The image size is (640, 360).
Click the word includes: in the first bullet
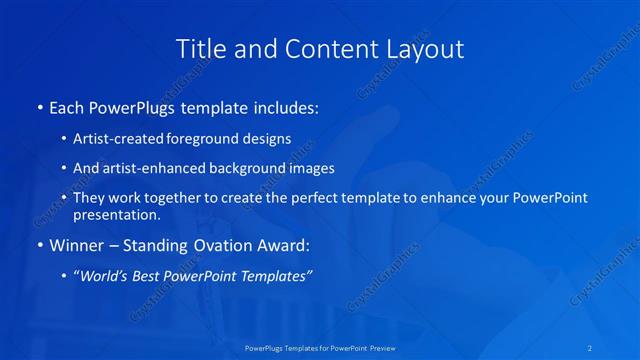(281, 107)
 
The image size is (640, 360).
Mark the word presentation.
(116, 215)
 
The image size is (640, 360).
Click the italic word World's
(104, 277)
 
